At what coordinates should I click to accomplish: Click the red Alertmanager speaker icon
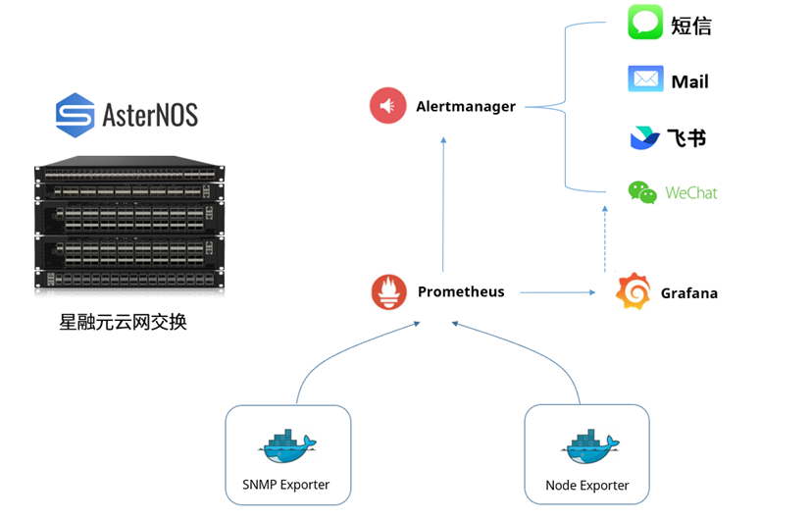click(x=387, y=106)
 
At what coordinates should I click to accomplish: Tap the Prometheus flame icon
click(x=389, y=292)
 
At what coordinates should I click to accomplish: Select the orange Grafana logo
click(x=633, y=292)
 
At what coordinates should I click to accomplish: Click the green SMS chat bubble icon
click(x=645, y=24)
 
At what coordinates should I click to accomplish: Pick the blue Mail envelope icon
click(x=645, y=79)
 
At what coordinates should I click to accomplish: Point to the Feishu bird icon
click(x=643, y=137)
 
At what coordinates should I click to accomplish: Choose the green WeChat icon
click(x=642, y=192)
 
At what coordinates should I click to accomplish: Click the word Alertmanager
click(x=465, y=107)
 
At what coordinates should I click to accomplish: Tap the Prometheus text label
click(x=461, y=292)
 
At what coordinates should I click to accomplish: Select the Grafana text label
click(x=688, y=293)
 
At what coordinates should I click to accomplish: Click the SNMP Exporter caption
click(x=285, y=485)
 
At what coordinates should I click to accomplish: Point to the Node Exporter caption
click(x=586, y=485)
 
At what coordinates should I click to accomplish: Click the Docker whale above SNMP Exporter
click(x=287, y=446)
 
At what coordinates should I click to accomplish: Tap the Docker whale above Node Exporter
click(x=589, y=446)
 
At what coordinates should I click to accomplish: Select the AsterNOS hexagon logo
click(x=75, y=115)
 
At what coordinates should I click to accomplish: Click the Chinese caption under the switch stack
click(x=123, y=322)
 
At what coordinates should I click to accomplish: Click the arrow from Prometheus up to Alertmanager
click(x=443, y=206)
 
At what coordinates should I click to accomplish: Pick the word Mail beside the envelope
click(x=689, y=81)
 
